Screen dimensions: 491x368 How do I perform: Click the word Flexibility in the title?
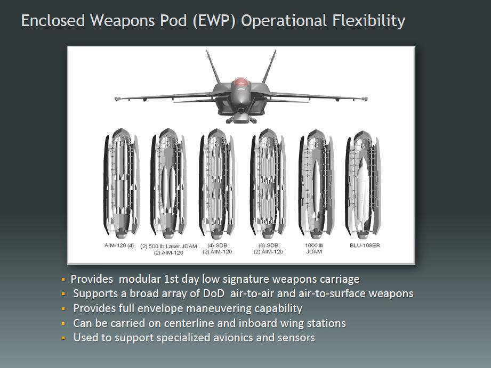click(368, 21)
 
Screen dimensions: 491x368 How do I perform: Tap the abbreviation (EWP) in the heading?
click(214, 21)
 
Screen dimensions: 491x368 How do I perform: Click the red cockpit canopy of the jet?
click(240, 82)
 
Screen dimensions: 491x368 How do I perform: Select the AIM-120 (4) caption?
click(119, 246)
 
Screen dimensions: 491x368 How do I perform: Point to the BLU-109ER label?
click(365, 246)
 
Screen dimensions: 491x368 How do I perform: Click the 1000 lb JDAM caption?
click(314, 249)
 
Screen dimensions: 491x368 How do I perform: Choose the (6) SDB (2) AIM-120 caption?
click(268, 249)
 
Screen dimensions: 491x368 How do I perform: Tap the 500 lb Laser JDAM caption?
click(168, 249)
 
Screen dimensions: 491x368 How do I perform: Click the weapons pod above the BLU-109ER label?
click(363, 185)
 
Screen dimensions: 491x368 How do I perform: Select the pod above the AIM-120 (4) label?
click(121, 184)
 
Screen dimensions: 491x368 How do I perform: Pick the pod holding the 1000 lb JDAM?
click(316, 185)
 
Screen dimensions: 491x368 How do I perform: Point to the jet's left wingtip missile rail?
click(118, 99)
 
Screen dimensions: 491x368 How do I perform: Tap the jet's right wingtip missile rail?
click(365, 99)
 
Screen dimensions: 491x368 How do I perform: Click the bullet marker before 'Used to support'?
click(63, 338)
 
